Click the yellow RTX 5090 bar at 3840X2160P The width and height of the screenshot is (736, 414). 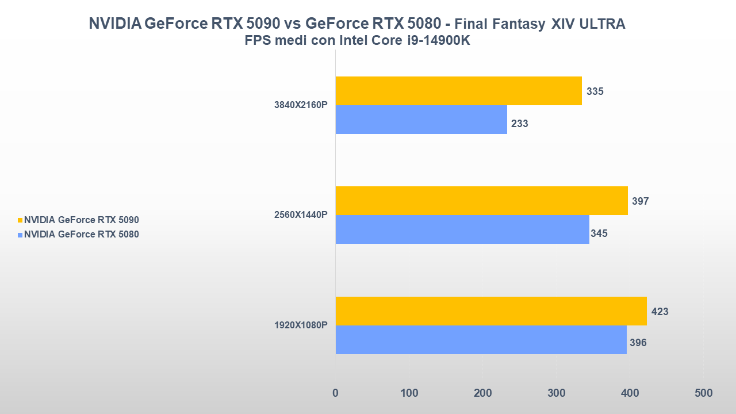458,91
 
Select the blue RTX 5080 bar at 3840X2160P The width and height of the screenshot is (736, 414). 421,120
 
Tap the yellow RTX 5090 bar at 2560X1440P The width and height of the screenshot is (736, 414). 481,201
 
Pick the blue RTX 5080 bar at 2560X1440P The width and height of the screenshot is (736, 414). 462,229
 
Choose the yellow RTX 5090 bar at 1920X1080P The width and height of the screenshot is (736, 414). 490,311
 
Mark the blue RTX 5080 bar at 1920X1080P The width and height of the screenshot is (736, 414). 481,340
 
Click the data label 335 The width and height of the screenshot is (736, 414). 595,91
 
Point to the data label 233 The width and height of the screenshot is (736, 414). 520,124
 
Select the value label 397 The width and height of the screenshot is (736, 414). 641,201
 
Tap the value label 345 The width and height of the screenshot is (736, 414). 599,233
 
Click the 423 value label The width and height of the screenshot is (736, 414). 660,312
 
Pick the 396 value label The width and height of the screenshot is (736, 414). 638,343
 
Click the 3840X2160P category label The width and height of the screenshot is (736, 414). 301,105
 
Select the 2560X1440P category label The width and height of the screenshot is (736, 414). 301,215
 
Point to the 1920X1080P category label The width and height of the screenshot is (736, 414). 301,325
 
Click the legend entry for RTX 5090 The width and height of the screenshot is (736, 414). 81,220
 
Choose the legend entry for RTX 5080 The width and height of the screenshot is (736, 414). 81,234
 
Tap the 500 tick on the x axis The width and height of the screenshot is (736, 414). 703,393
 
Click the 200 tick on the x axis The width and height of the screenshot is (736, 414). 482,393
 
